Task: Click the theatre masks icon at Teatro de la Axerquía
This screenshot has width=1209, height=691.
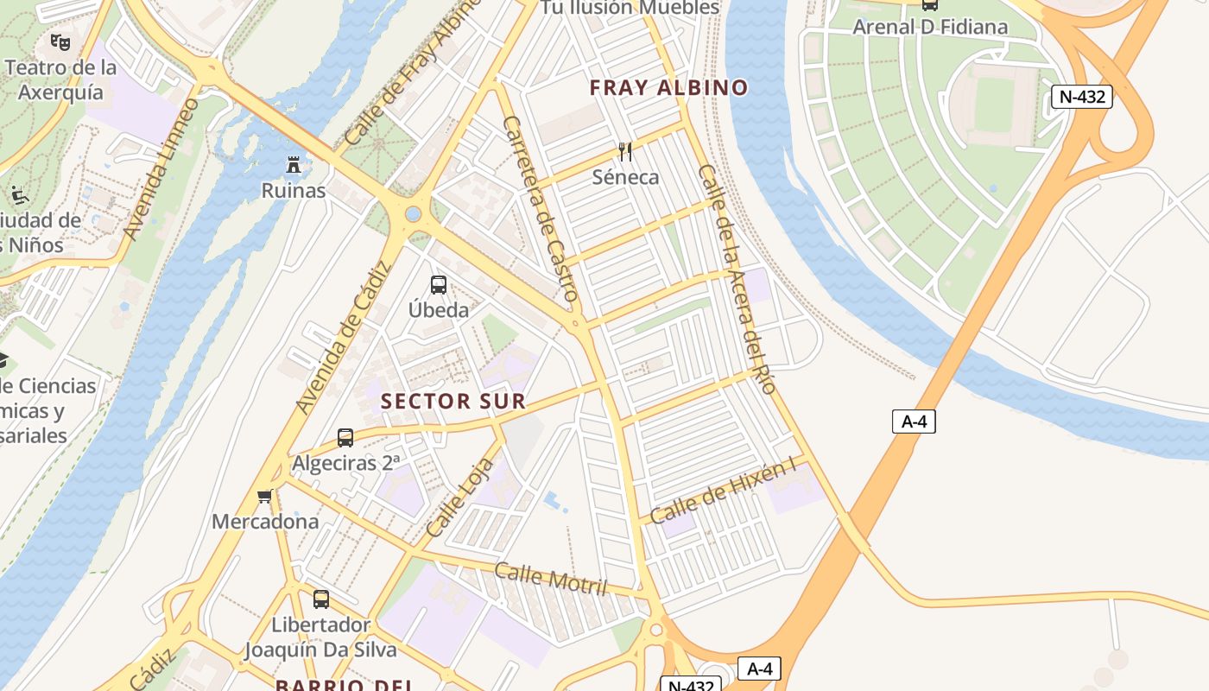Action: (60, 41)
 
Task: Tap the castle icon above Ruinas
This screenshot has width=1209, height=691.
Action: (294, 164)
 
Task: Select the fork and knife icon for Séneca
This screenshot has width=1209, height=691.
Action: (626, 152)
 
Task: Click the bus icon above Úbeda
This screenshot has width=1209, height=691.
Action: (439, 284)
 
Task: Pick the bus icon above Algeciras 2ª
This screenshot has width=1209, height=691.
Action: (345, 437)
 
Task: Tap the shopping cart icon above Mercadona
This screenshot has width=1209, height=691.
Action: (265, 496)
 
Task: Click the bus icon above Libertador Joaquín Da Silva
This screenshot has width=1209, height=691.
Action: (321, 599)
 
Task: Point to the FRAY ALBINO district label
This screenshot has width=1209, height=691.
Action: (668, 87)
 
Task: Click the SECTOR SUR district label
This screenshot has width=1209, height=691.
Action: (453, 401)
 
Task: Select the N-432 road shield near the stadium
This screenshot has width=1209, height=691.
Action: (1082, 96)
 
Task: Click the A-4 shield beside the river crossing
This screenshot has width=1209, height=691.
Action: (914, 422)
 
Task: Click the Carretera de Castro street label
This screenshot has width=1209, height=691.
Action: (539, 208)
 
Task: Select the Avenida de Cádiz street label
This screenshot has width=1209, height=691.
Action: (344, 338)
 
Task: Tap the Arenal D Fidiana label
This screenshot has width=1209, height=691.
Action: (930, 27)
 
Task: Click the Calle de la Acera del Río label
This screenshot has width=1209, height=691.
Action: (736, 279)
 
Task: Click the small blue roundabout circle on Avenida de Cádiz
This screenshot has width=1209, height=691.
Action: (414, 213)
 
